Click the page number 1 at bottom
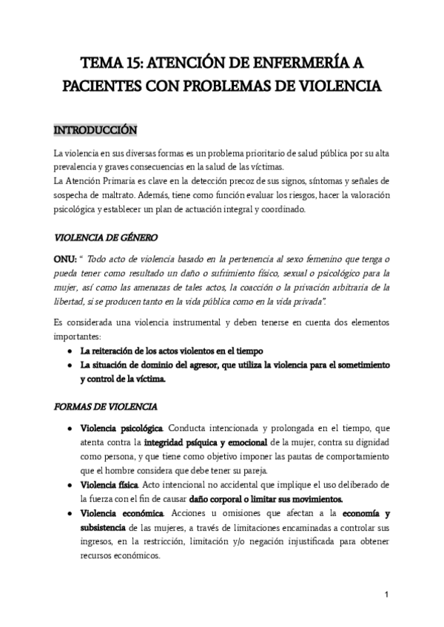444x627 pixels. pos(387,594)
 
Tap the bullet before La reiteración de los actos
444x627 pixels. pos(69,350)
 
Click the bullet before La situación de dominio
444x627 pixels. pos(69,365)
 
